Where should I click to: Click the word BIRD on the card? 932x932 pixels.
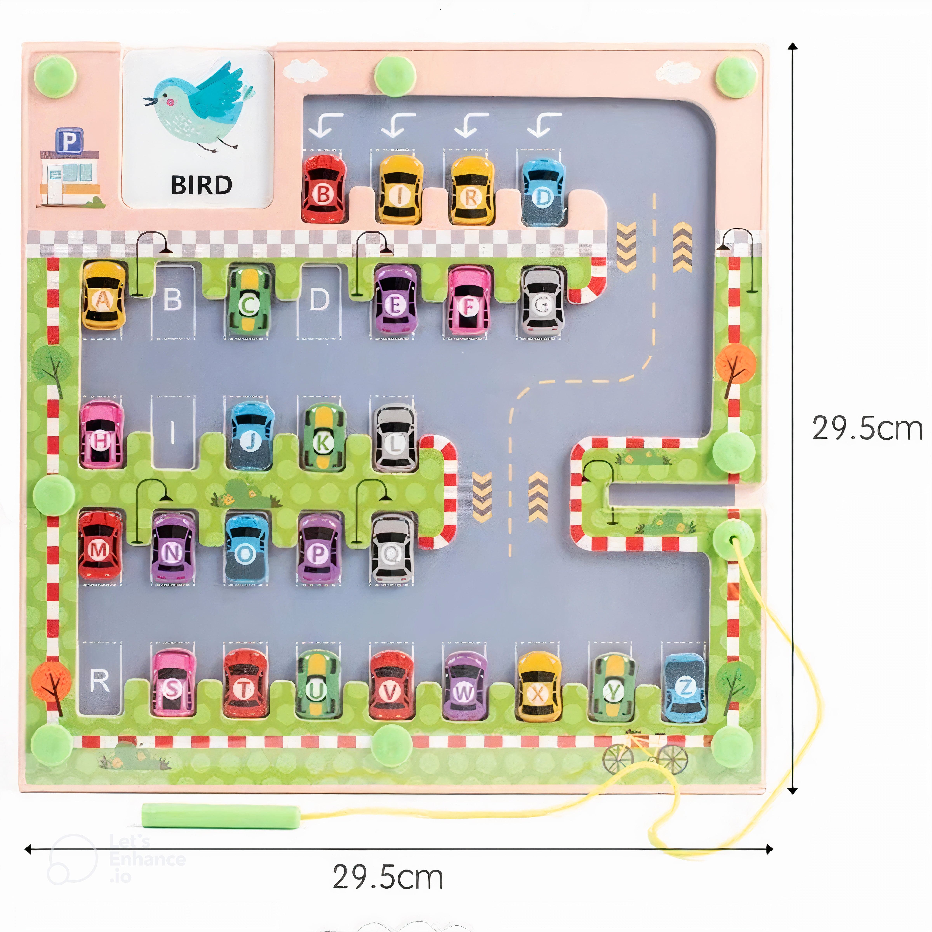coord(202,185)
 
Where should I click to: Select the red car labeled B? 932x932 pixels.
coord(324,190)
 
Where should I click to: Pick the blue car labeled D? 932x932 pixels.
coord(544,192)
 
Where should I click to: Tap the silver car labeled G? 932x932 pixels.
coord(542,302)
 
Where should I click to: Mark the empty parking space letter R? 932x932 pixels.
coord(99,681)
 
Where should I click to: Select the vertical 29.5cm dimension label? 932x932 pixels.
coord(867,428)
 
